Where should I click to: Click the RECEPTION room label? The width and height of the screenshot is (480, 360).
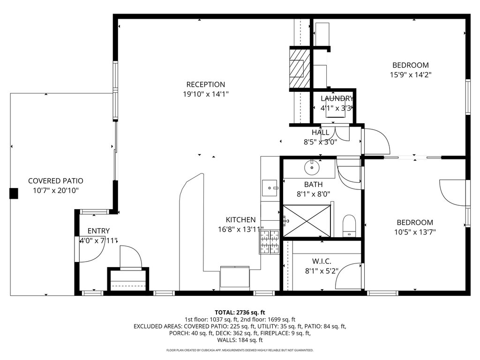[206, 84]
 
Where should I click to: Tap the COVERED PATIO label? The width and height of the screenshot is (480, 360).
[56, 181]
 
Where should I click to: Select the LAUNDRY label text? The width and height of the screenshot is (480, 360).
[337, 98]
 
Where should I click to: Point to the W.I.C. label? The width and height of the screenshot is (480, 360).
[322, 262]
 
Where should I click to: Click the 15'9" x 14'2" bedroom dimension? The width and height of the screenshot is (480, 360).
[411, 75]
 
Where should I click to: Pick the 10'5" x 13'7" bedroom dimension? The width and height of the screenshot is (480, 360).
[415, 232]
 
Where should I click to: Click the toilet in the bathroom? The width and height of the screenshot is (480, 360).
[349, 225]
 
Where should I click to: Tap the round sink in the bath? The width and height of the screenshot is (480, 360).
[312, 167]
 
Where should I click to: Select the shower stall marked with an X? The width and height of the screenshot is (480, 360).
[307, 221]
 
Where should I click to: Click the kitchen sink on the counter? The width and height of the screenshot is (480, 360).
[270, 188]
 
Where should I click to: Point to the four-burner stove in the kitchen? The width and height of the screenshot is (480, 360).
[270, 242]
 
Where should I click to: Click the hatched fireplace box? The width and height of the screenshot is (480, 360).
[297, 68]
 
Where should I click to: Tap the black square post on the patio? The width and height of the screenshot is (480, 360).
[14, 194]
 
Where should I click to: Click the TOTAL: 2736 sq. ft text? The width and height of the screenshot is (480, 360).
[240, 313]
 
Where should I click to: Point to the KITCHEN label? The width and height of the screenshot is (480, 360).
[240, 220]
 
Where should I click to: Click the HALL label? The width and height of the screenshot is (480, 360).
[321, 133]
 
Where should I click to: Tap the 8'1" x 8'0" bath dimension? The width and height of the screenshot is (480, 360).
[313, 194]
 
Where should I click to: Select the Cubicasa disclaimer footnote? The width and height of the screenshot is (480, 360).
[240, 350]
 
